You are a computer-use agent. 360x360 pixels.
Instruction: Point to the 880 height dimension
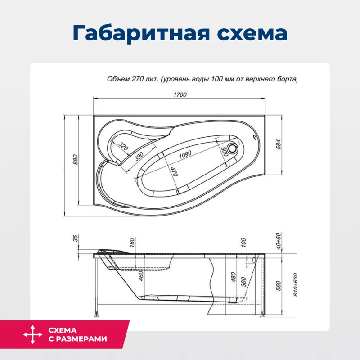(76, 160)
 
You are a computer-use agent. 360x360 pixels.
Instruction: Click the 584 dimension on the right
(279, 145)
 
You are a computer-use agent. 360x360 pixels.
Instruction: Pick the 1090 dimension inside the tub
(184, 154)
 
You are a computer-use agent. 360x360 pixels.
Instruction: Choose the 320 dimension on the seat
(124, 146)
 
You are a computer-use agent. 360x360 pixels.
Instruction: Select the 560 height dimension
(279, 284)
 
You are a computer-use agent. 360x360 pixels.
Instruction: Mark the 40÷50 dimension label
(279, 241)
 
